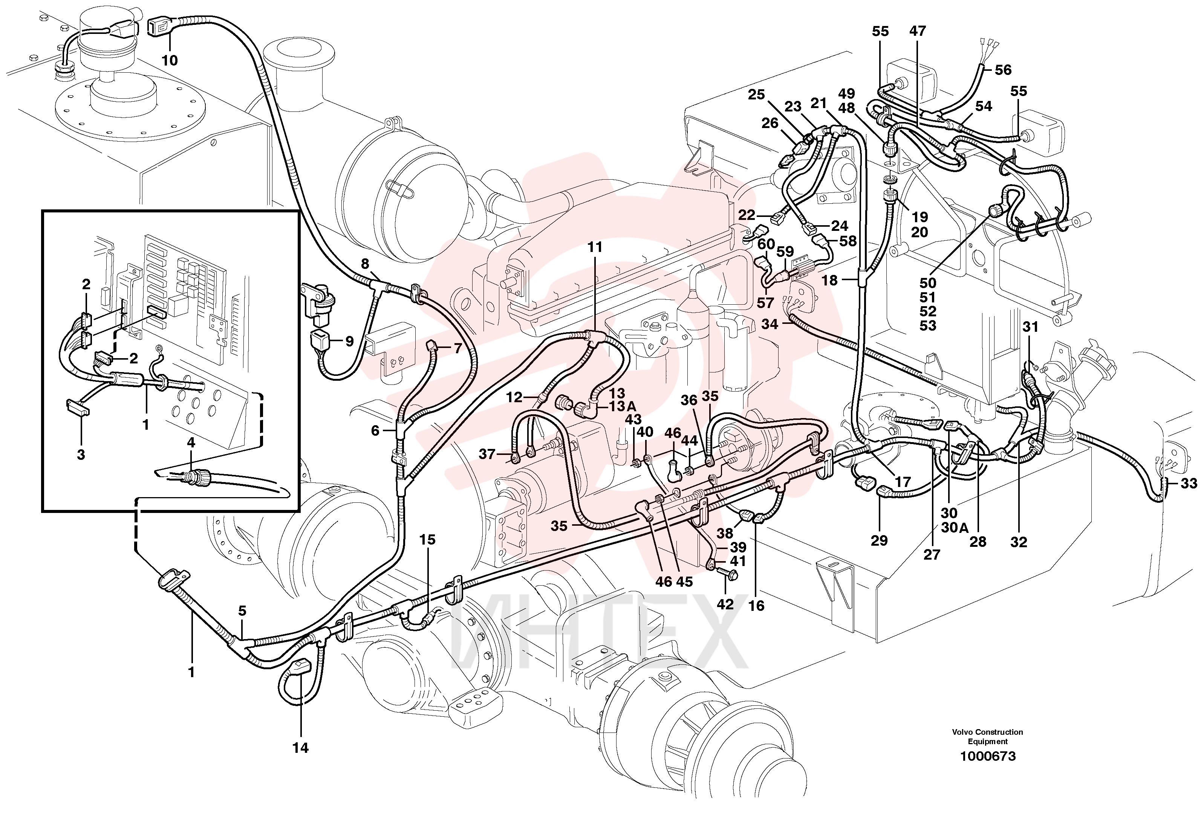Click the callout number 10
click(170, 60)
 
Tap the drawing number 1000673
click(988, 757)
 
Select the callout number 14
click(300, 748)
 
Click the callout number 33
click(1189, 483)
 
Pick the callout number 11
click(595, 247)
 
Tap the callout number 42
click(725, 604)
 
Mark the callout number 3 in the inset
click(81, 455)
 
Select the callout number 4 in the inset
click(191, 442)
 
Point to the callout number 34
click(770, 324)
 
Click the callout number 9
click(349, 341)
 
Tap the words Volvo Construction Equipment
click(988, 737)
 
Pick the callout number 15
click(427, 540)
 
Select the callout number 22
click(746, 215)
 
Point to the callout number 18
click(829, 280)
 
